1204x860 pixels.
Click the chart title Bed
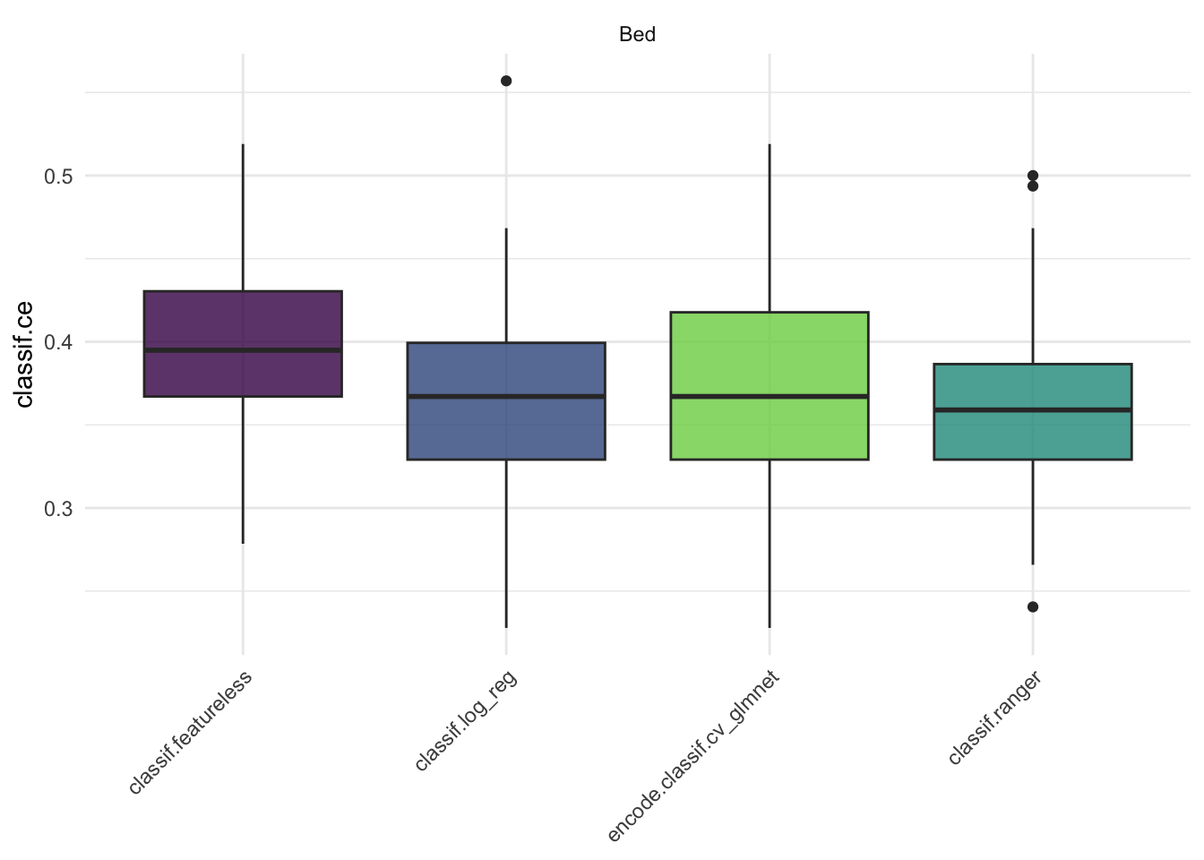coord(637,35)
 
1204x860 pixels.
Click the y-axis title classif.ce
coord(25,354)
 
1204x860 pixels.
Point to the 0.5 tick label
coord(58,176)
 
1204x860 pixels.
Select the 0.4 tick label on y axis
coord(58,342)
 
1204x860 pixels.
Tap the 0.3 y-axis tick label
coord(58,509)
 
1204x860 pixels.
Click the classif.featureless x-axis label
coord(190,732)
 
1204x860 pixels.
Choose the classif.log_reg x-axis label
coord(466,720)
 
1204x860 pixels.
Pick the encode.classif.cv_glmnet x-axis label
coord(693,756)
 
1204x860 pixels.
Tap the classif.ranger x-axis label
coord(993,718)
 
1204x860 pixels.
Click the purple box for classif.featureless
coord(243,321)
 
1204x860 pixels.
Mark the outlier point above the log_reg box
coord(506,82)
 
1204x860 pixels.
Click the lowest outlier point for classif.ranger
coord(1033,606)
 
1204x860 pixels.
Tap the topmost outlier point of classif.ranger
coord(1033,176)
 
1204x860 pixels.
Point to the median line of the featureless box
coord(243,350)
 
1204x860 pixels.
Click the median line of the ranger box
coord(1033,410)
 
